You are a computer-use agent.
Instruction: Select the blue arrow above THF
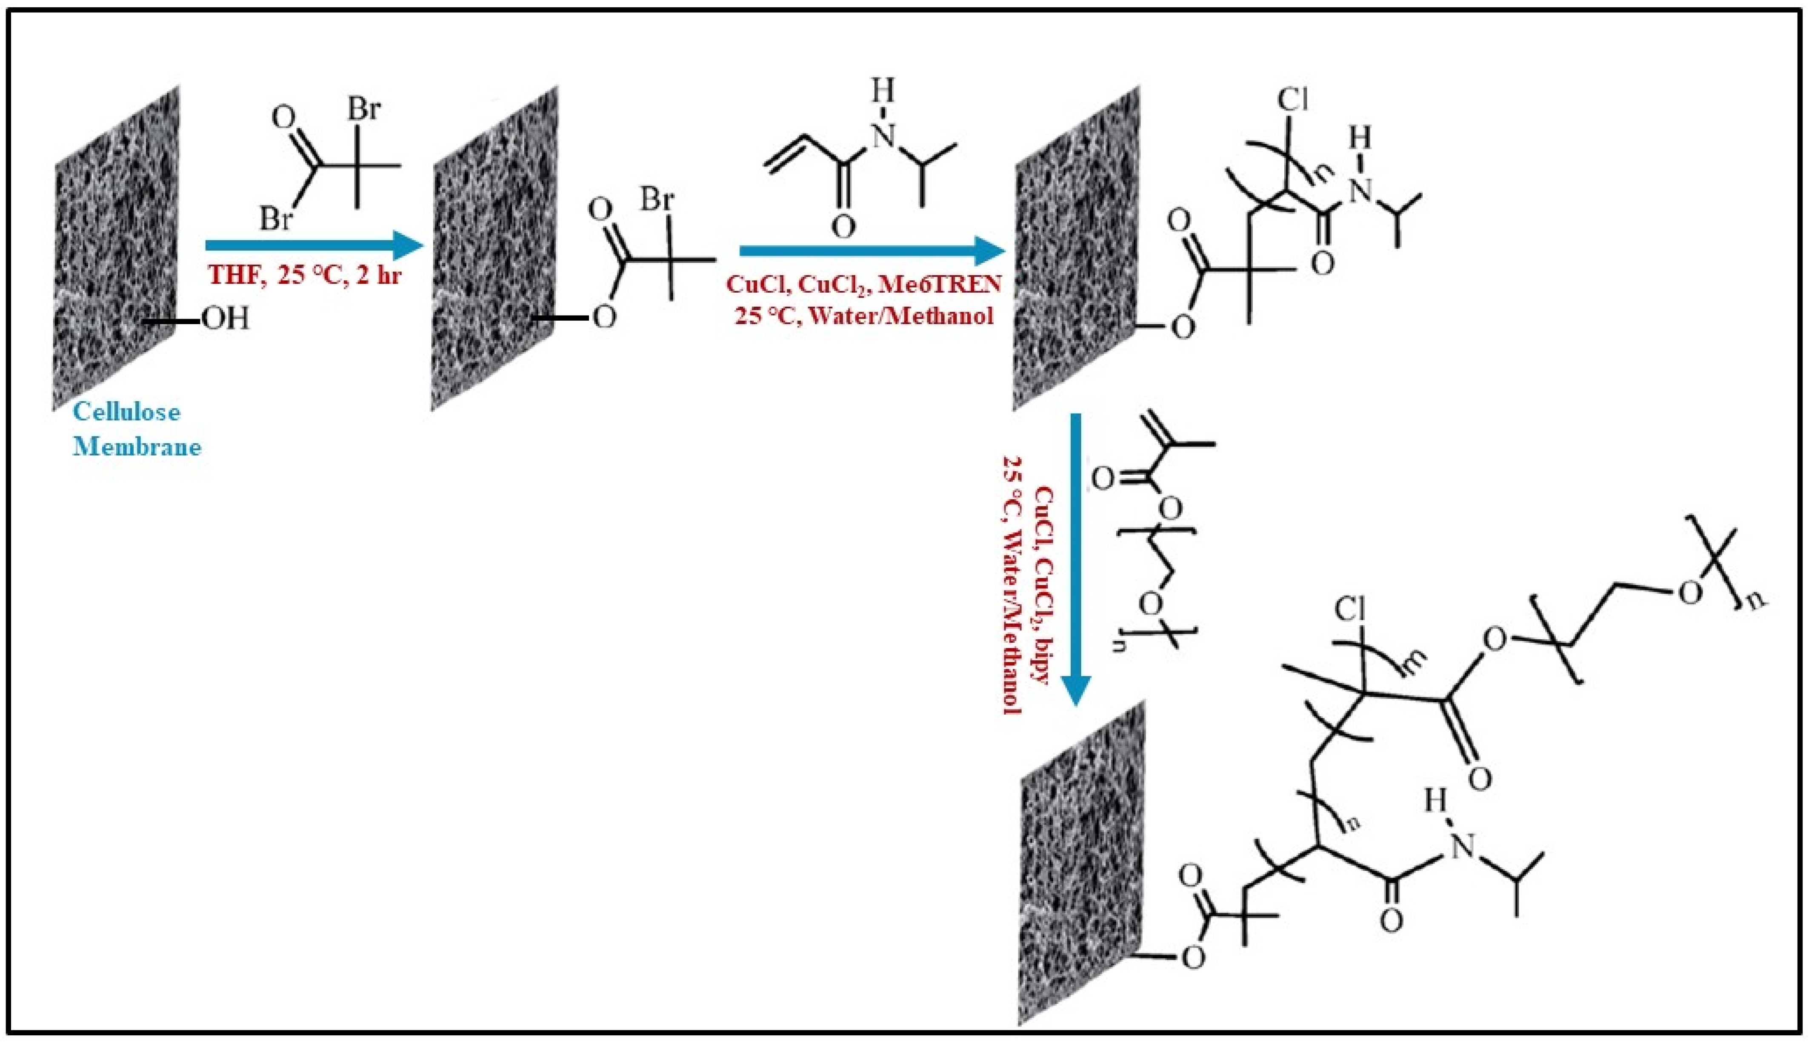(314, 246)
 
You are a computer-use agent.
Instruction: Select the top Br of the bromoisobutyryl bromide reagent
(364, 110)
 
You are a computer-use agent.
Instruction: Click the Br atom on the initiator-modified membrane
(657, 198)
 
